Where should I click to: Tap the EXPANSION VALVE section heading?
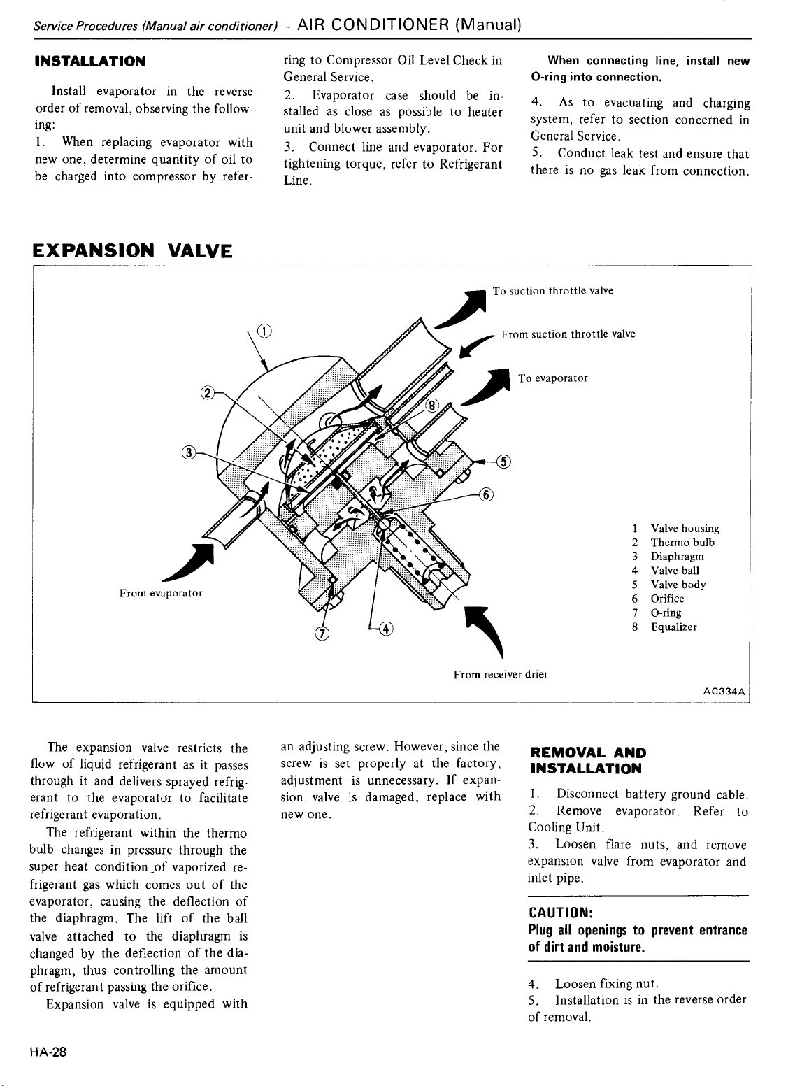click(x=133, y=250)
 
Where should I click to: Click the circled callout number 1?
click(x=266, y=331)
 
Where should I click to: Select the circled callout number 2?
click(x=207, y=392)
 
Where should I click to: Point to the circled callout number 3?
click(x=187, y=451)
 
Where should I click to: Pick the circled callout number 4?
click(x=385, y=627)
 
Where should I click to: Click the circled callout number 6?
click(x=487, y=494)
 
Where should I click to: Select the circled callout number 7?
click(x=322, y=634)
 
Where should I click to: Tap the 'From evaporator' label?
click(x=161, y=593)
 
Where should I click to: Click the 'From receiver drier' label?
click(x=500, y=675)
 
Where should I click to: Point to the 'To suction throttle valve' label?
click(x=553, y=291)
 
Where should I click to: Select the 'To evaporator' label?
click(x=553, y=378)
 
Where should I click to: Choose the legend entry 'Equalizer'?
click(x=673, y=627)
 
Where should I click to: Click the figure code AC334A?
click(x=726, y=691)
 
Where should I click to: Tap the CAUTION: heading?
click(x=561, y=913)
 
